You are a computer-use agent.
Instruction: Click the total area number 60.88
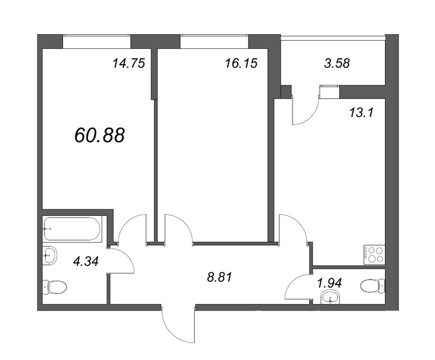pos(100,135)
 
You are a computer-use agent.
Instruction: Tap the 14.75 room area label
pos(129,63)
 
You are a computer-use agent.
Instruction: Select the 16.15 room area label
pos(241,63)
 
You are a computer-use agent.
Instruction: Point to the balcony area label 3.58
pos(337,63)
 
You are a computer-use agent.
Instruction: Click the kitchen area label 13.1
pos(362,113)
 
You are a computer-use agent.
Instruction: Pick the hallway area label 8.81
pos(219,277)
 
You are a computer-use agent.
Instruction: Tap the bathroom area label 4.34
pos(86,261)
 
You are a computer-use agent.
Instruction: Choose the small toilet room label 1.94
pos(330,283)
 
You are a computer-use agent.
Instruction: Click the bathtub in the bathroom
pos(72,229)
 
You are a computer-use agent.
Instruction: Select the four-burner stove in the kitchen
pos(374,255)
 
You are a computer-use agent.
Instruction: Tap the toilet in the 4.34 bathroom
pos(55,287)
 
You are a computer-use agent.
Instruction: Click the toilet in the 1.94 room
pos(373,285)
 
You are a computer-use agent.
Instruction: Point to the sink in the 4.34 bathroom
pos(50,256)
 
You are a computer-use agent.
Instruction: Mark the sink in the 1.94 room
pos(330,297)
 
